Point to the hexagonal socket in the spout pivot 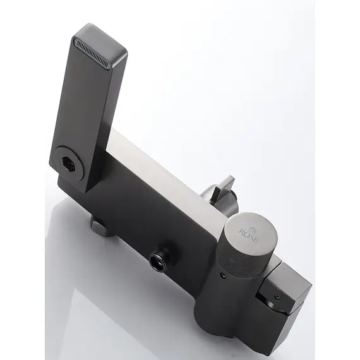[69, 163]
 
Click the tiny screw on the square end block [278, 297]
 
